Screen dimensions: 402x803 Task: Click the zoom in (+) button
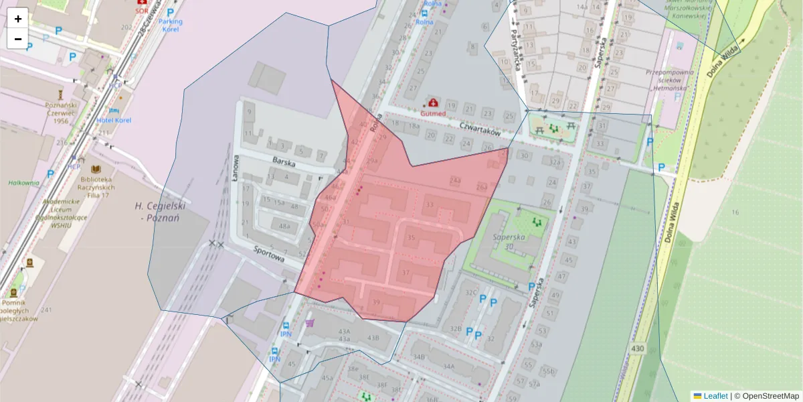pyautogui.click(x=18, y=19)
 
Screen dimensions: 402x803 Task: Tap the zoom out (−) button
pyautogui.click(x=18, y=39)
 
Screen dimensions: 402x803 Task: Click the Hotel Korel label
pyautogui.click(x=114, y=120)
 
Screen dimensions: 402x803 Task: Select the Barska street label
pyautogui.click(x=284, y=161)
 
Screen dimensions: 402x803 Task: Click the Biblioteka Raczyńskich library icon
pyautogui.click(x=96, y=169)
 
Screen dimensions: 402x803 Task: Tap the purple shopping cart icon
pyautogui.click(x=309, y=323)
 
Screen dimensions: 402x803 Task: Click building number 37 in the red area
pyautogui.click(x=406, y=273)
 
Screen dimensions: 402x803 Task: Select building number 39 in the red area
pyautogui.click(x=376, y=302)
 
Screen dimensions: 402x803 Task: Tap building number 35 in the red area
pyautogui.click(x=412, y=238)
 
